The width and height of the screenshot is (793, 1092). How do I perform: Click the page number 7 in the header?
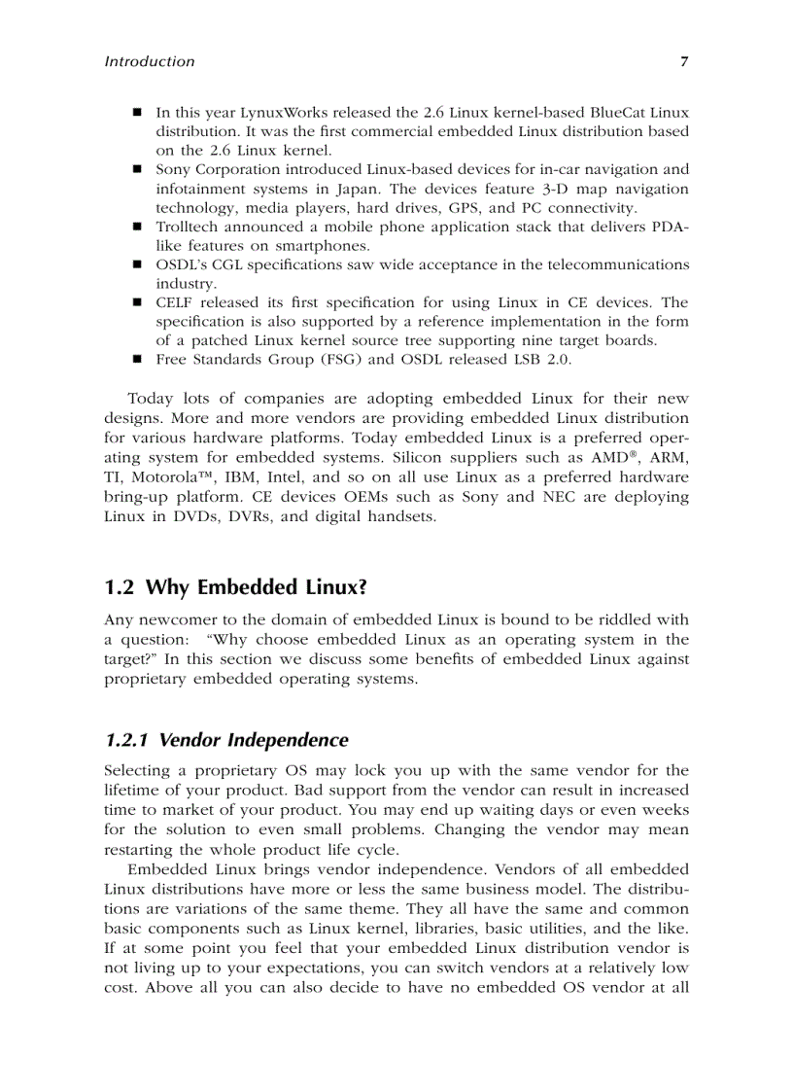tap(684, 61)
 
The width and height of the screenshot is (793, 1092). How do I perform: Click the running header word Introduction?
tap(149, 61)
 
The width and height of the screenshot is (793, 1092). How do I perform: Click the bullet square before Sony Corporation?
tap(138, 169)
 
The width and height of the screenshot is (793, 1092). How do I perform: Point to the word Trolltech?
tap(187, 227)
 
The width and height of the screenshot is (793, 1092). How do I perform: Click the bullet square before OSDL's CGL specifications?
tap(138, 264)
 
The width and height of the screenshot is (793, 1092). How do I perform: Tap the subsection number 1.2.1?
tap(126, 741)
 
